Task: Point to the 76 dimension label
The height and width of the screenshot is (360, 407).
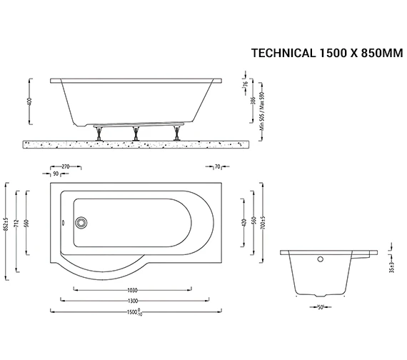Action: point(246,88)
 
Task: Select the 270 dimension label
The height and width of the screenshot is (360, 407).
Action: point(66,166)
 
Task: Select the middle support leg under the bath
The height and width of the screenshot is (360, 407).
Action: point(135,134)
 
